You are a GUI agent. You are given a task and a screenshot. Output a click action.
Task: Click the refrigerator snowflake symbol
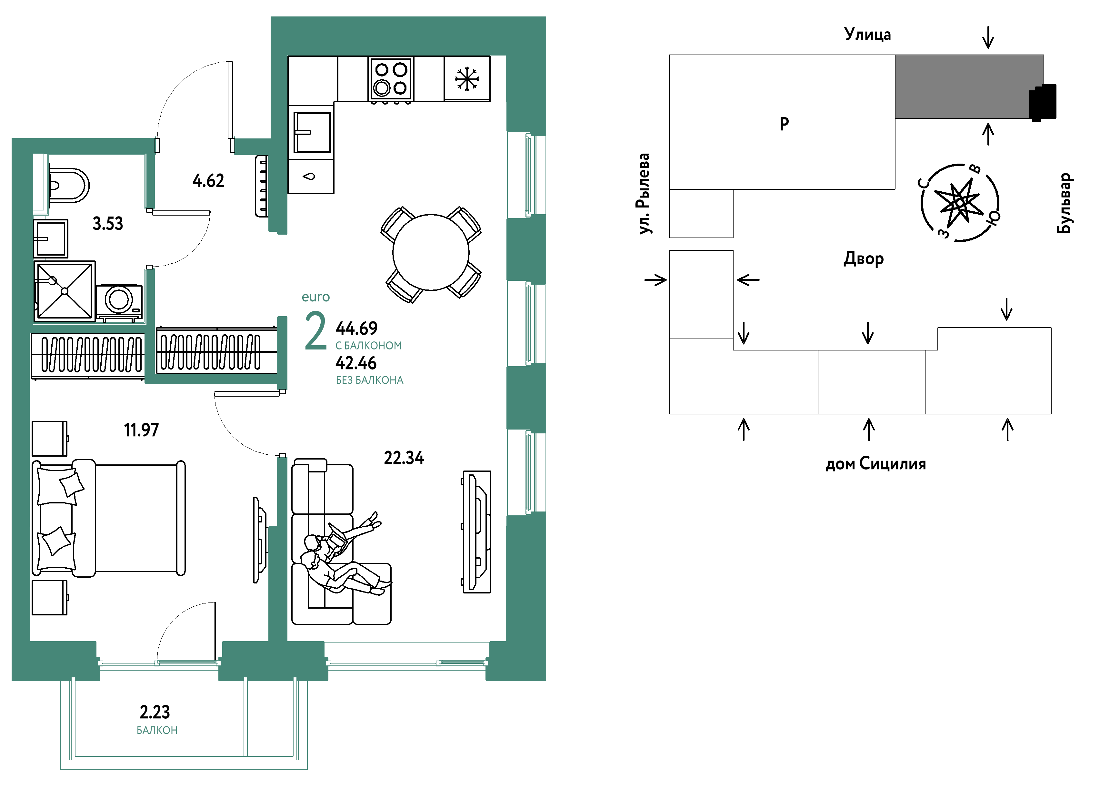pyautogui.click(x=466, y=79)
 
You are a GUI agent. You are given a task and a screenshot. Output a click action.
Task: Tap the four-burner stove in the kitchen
pyautogui.click(x=390, y=79)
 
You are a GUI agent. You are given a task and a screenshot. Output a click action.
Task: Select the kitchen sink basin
pyautogui.click(x=312, y=132)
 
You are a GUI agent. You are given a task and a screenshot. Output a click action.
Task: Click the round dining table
pyautogui.click(x=431, y=252)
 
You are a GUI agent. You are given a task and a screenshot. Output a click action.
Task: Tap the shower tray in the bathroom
pyautogui.click(x=65, y=291)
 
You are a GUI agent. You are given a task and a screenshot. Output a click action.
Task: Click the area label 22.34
pyautogui.click(x=404, y=458)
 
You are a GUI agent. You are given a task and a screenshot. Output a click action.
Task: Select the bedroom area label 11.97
pyautogui.click(x=141, y=430)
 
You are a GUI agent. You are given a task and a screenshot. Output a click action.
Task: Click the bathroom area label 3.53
pyautogui.click(x=108, y=224)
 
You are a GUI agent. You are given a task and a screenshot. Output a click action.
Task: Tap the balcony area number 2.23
pyautogui.click(x=155, y=712)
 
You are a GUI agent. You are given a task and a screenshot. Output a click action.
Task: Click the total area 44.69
pyautogui.click(x=356, y=329)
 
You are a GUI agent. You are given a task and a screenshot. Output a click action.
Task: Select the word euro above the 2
pyautogui.click(x=316, y=297)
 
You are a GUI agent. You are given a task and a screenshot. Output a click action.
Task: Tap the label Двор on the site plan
pyautogui.click(x=863, y=258)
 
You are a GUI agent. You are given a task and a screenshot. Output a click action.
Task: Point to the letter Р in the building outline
pyautogui.click(x=784, y=124)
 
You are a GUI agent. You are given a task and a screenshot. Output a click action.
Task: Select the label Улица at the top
pyautogui.click(x=867, y=34)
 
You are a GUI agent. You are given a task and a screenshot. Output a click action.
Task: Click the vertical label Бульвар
pyautogui.click(x=1064, y=203)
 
